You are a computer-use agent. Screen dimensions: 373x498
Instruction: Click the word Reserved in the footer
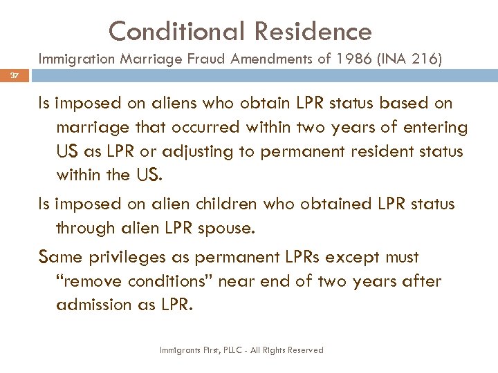302,351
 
